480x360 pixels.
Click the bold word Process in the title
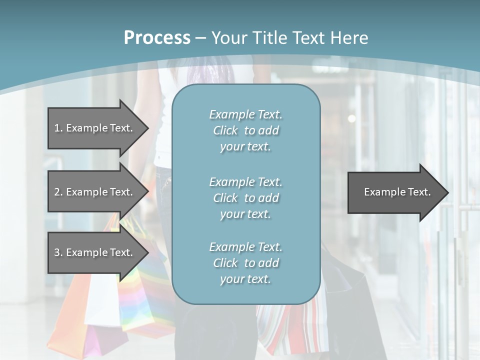click(157, 38)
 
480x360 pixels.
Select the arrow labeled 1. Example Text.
click(95, 128)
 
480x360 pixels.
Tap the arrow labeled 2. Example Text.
click(95, 192)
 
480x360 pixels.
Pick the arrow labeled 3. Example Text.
click(95, 252)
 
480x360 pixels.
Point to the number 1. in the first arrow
click(58, 128)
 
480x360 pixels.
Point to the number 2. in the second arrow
click(58, 192)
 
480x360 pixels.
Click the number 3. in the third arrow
click(58, 252)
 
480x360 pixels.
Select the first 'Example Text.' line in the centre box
click(245, 114)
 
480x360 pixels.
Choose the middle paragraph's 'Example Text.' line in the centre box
click(245, 182)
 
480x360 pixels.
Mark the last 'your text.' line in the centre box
click(245, 279)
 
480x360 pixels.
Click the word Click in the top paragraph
click(225, 130)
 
